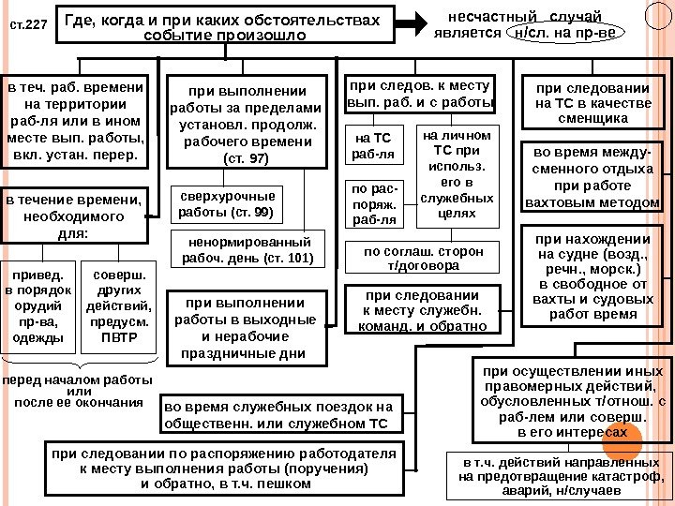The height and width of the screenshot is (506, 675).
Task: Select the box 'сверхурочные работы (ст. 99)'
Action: (x=227, y=204)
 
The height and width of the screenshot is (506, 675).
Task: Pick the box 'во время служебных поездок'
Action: (x=278, y=415)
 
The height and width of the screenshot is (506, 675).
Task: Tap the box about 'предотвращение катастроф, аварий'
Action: (x=559, y=476)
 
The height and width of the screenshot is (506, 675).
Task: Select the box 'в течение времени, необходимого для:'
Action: (x=73, y=216)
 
